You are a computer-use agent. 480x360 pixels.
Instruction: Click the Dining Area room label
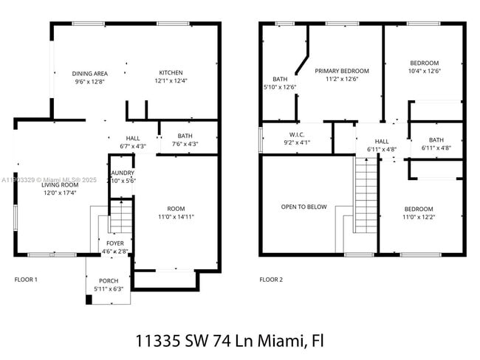point(90,73)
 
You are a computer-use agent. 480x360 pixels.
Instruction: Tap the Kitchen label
point(171,72)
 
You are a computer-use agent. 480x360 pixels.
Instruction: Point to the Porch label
point(108,280)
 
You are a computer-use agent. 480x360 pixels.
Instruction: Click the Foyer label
point(115,242)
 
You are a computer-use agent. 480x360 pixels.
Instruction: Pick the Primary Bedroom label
point(341,72)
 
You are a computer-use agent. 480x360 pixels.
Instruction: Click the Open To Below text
point(304,207)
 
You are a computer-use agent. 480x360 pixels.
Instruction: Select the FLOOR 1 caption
point(26,280)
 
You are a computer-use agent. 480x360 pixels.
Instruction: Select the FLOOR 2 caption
point(270,280)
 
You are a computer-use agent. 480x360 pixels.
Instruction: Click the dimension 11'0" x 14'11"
point(176,217)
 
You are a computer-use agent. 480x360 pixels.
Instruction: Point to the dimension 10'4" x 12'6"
point(424,72)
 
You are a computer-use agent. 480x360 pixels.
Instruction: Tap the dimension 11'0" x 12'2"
point(418,217)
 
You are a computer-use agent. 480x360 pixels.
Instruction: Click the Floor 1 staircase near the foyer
point(120,215)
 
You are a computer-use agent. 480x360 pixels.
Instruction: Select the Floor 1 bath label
point(185,136)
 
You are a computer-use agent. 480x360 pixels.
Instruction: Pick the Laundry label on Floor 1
point(121,173)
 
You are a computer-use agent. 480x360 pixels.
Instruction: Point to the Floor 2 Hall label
point(382,141)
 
